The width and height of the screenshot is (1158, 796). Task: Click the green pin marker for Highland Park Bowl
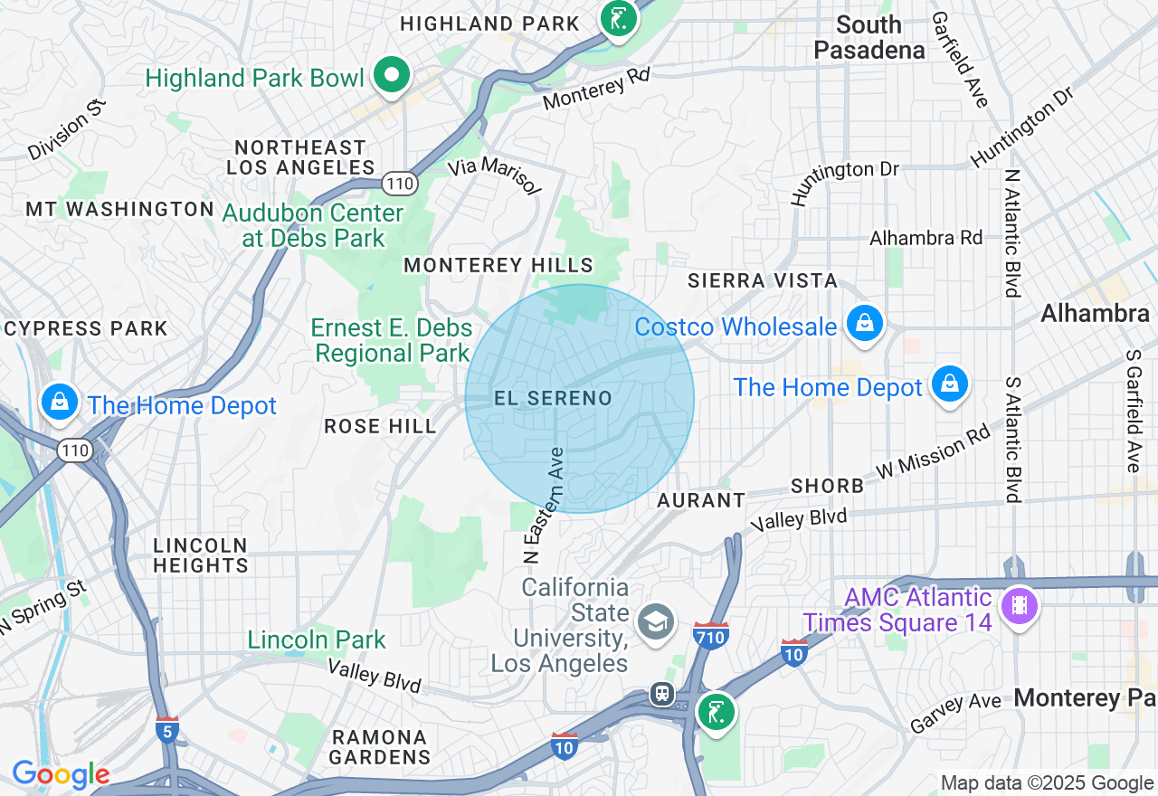[391, 76]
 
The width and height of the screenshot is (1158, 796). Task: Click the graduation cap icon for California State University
[655, 622]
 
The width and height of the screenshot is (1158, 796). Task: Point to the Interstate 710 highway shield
[711, 636]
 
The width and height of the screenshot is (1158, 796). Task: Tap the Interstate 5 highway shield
[166, 730]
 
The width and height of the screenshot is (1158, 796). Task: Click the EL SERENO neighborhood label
[553, 398]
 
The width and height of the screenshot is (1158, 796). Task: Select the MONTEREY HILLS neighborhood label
[498, 265]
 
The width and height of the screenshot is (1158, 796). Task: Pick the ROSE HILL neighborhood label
[380, 426]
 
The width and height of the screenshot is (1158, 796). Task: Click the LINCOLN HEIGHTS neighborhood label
[200, 555]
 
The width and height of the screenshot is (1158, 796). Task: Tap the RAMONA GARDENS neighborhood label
[379, 747]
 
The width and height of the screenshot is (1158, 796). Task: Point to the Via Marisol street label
[495, 175]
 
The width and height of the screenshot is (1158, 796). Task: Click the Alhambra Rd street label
[925, 238]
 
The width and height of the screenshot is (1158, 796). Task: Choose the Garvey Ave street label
[955, 714]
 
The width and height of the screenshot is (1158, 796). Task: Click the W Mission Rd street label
[933, 453]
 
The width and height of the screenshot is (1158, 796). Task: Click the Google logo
[61, 774]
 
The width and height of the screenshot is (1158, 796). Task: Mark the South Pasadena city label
[869, 37]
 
